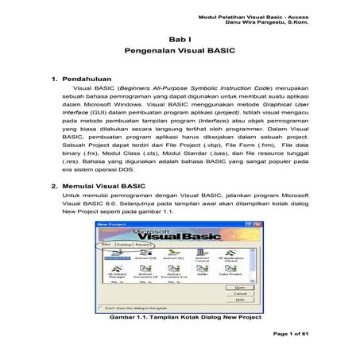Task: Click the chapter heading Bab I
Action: [180, 39]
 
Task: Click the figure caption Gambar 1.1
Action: [180, 316]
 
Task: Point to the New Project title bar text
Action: [110, 225]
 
